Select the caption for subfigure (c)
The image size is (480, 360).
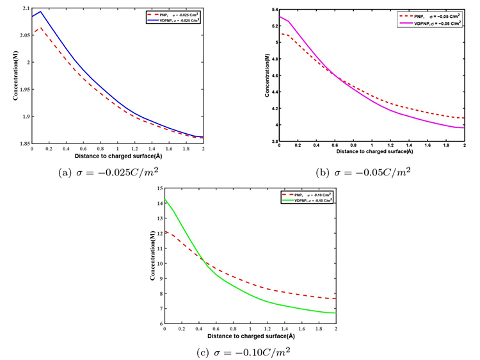[x=246, y=351]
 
